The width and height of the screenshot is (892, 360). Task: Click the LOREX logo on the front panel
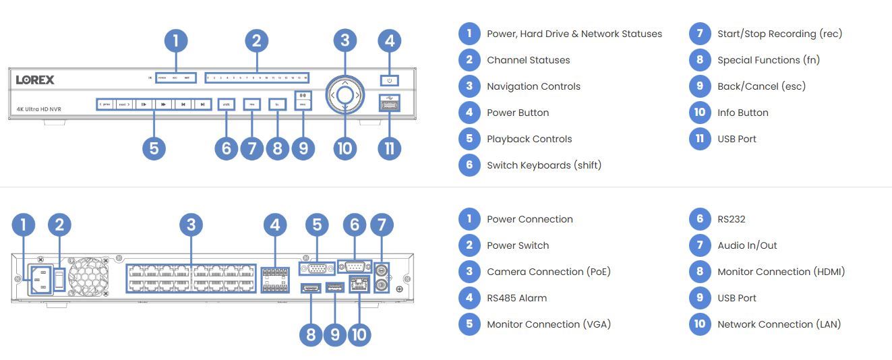pos(35,80)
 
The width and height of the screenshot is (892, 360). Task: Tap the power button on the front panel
pos(389,80)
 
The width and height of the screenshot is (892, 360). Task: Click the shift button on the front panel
pos(226,104)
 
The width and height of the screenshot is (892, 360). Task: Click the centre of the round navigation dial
pos(345,95)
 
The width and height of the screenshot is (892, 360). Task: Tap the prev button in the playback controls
pos(105,104)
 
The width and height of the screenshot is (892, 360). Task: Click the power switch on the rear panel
pos(59,278)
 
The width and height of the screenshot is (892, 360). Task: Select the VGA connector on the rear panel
pos(317,268)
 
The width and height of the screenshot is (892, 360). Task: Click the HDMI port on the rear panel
pos(310,289)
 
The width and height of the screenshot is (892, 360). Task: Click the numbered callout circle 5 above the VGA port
pos(317,225)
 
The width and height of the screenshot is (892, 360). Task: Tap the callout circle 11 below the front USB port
pos(389,148)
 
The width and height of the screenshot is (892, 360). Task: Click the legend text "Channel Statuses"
pos(528,60)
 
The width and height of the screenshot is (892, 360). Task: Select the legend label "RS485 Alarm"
pos(516,298)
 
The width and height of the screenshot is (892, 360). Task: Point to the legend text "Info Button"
pos(742,113)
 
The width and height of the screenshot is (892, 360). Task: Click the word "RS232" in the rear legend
pos(731,219)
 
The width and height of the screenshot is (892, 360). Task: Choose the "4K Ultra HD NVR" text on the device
pos(38,109)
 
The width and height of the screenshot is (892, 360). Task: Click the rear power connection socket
pos(38,278)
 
